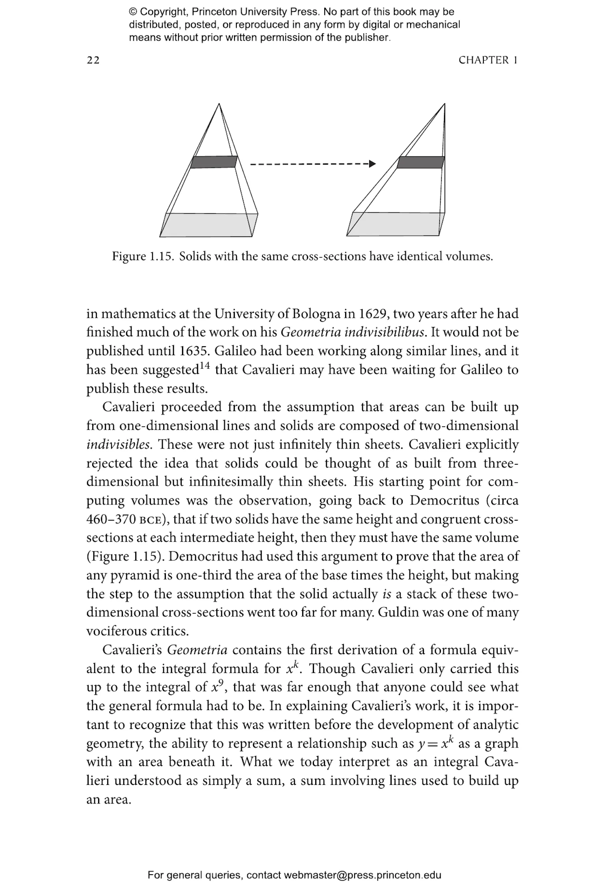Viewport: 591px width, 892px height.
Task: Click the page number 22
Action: tap(93, 60)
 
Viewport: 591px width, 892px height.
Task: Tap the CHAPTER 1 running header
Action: tap(488, 60)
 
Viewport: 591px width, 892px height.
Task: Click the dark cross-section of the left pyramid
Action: tap(214, 162)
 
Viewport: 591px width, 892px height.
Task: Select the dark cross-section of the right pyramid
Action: tap(421, 162)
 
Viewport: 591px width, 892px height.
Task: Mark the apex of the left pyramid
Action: tap(219, 104)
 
